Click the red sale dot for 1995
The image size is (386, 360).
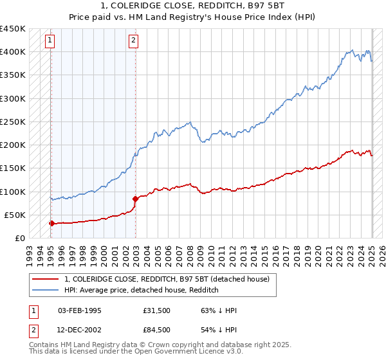(51, 223)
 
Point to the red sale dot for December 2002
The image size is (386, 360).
(135, 199)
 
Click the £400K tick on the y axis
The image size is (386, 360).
(12, 51)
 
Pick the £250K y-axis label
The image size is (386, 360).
(12, 122)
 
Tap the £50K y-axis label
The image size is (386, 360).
(15, 215)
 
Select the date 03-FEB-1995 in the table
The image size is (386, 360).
(80, 311)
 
